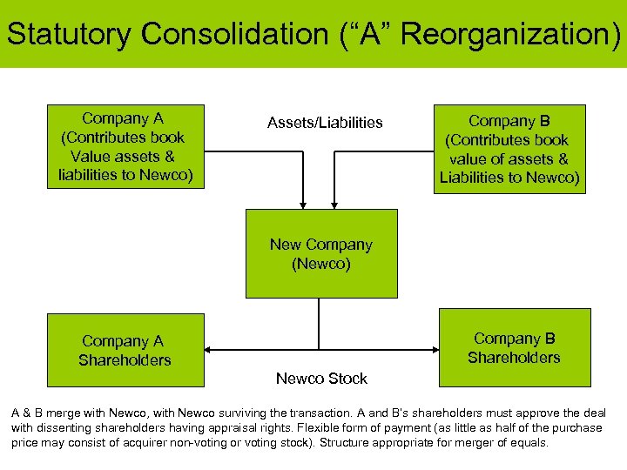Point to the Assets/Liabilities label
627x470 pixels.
click(325, 123)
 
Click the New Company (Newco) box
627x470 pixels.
click(321, 253)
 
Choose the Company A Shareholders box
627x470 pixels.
click(125, 350)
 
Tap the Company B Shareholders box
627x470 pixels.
click(514, 347)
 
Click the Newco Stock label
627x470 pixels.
click(321, 379)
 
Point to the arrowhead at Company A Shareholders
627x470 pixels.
click(209, 350)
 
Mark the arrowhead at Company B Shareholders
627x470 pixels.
click(435, 350)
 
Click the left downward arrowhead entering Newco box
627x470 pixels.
click(303, 205)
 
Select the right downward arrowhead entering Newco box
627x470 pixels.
click(339, 205)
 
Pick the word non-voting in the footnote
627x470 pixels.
click(208, 442)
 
